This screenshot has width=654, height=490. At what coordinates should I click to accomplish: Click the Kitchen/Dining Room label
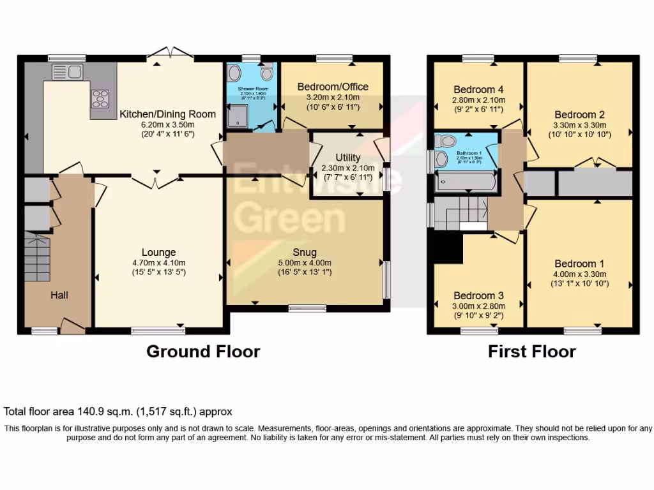[x=168, y=114]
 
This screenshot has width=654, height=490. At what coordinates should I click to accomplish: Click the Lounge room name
[x=158, y=252]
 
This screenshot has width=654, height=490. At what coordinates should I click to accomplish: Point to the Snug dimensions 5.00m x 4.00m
[x=305, y=262]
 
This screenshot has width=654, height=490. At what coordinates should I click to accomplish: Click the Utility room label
[x=347, y=158]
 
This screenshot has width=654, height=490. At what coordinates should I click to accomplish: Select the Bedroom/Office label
[x=333, y=87]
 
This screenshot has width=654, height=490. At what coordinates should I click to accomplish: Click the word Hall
[x=59, y=295]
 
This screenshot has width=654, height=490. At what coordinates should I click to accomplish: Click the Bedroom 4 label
[x=478, y=89]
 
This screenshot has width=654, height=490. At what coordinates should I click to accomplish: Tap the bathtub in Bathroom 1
[x=466, y=182]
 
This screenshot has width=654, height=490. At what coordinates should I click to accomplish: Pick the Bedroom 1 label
[x=579, y=264]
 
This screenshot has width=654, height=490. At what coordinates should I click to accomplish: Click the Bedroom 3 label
[x=478, y=295]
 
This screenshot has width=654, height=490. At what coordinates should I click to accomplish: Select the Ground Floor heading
[x=203, y=351]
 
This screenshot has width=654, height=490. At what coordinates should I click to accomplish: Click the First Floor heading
[x=531, y=351]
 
